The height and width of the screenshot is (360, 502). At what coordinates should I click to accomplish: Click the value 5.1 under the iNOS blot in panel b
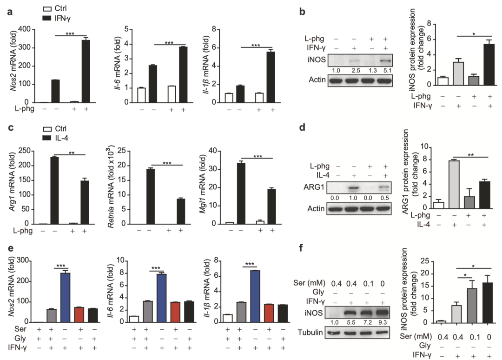click(x=385, y=70)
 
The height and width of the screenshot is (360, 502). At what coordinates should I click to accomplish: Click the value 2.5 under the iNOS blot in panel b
click(x=355, y=70)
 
